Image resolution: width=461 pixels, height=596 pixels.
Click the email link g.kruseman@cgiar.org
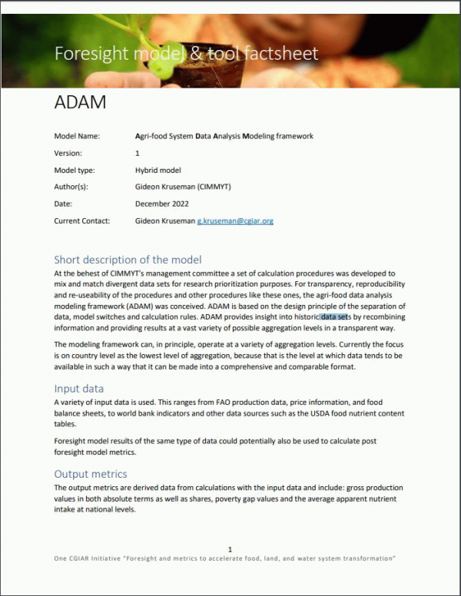pos(235,221)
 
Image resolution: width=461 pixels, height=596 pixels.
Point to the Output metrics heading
pos(91,474)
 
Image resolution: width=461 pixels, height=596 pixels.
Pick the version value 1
pos(138,154)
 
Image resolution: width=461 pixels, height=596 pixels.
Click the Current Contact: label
pos(82,221)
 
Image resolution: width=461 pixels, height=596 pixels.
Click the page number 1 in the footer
pos(230,549)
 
